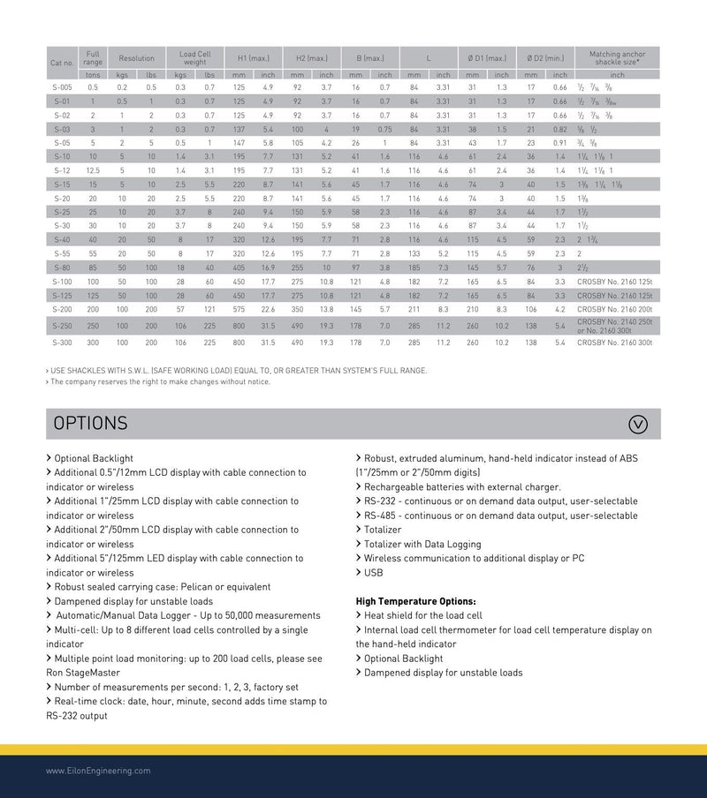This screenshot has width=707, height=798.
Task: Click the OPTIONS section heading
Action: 91,424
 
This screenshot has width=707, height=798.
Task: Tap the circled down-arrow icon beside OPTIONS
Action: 637,424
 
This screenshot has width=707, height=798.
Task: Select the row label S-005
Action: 62,87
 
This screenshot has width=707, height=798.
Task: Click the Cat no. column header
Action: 62,64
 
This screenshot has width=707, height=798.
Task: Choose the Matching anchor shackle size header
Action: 617,58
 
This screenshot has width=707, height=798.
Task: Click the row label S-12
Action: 62,170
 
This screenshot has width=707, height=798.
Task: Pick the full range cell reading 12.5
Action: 93,170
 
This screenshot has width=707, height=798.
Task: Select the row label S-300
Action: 62,342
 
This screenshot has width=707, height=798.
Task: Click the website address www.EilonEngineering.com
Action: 98,771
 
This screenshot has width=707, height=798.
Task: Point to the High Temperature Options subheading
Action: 415,601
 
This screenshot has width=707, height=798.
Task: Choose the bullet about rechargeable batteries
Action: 461,487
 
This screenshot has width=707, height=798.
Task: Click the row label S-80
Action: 62,267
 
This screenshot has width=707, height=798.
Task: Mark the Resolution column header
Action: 137,58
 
